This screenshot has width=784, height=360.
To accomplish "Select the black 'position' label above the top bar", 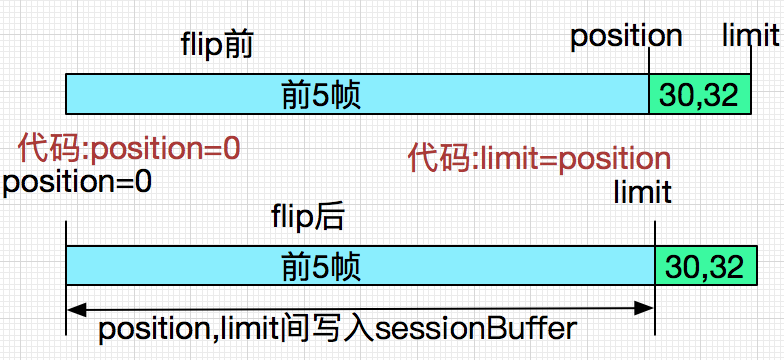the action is coord(626,36).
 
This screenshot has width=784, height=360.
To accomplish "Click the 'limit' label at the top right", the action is coord(750,36).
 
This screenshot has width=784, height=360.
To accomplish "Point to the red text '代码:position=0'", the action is coord(129,149).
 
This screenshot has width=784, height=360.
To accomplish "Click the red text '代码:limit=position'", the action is coord(539,158).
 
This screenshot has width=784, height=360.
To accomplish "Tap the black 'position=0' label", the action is coord(77,182).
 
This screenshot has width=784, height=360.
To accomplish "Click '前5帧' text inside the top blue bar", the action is coord(321,95).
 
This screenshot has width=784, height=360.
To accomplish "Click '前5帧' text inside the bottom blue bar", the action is coord(321,267).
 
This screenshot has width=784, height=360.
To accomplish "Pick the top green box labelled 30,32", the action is coord(700,95).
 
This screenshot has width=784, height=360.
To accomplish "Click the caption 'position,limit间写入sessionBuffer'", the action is coord(339,329).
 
